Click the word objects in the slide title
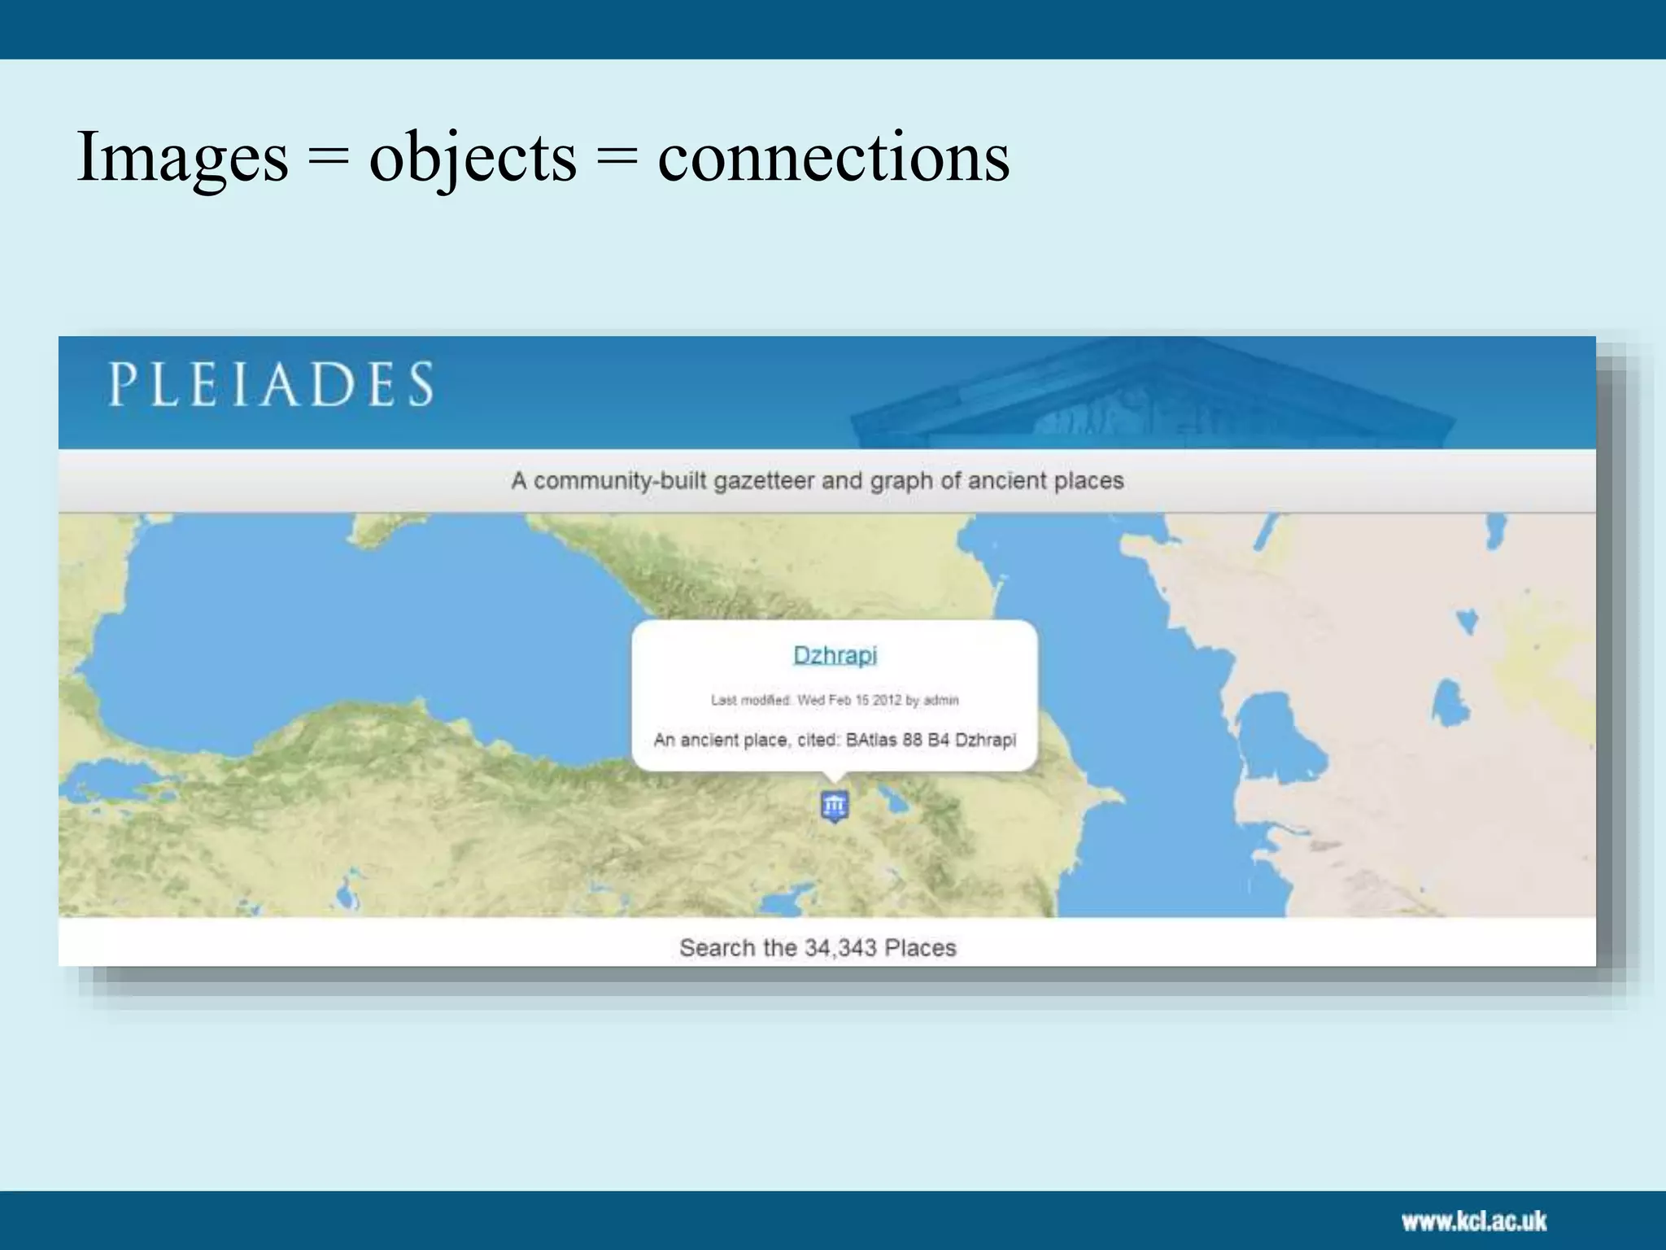click(x=473, y=156)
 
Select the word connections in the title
click(x=833, y=156)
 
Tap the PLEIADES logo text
click(x=272, y=384)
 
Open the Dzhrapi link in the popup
click(x=835, y=655)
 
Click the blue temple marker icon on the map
click(x=834, y=806)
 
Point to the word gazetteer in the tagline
click(x=763, y=481)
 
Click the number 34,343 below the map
click(x=840, y=948)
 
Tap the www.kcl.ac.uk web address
click(x=1473, y=1221)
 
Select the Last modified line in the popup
click(x=835, y=700)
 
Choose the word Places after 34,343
click(x=920, y=948)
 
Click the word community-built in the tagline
click(x=620, y=481)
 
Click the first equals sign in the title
click(x=329, y=158)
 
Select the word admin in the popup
click(x=941, y=700)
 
